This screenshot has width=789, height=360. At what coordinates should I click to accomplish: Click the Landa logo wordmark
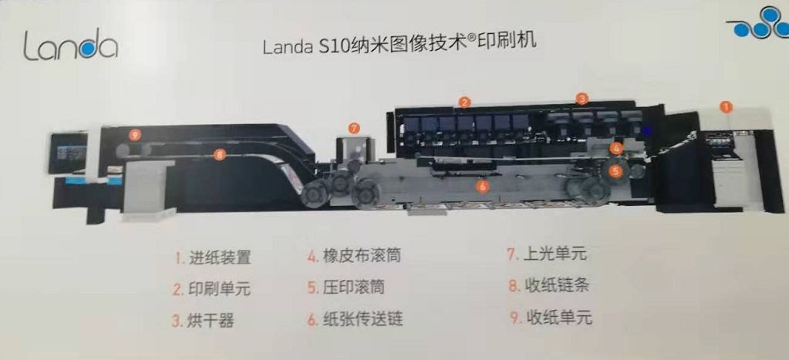(x=70, y=45)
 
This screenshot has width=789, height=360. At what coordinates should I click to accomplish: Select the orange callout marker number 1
(x=726, y=106)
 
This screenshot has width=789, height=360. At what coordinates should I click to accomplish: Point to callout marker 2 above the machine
(x=464, y=102)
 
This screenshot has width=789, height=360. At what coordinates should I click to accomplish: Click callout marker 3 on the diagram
(x=582, y=99)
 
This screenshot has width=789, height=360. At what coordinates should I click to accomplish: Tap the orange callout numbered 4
(x=617, y=148)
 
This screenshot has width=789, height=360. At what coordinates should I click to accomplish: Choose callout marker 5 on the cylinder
(x=615, y=171)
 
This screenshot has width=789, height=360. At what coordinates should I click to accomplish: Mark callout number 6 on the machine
(x=482, y=186)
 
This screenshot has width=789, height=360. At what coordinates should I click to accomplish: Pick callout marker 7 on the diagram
(x=354, y=129)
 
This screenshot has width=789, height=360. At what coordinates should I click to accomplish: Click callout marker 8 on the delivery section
(x=218, y=155)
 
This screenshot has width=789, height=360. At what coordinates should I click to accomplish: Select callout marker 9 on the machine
(x=133, y=134)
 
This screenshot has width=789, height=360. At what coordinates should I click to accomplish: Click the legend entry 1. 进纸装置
(x=212, y=258)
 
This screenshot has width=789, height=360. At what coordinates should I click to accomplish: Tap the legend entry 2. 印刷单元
(x=211, y=289)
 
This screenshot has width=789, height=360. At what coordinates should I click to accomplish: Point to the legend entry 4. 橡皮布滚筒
(x=354, y=256)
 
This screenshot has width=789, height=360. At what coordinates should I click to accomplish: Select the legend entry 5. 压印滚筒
(x=346, y=287)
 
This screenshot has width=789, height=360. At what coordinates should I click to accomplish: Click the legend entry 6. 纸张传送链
(x=355, y=319)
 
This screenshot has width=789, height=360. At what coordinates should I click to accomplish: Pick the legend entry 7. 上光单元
(x=547, y=254)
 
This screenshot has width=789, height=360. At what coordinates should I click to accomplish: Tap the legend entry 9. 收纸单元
(x=551, y=318)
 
